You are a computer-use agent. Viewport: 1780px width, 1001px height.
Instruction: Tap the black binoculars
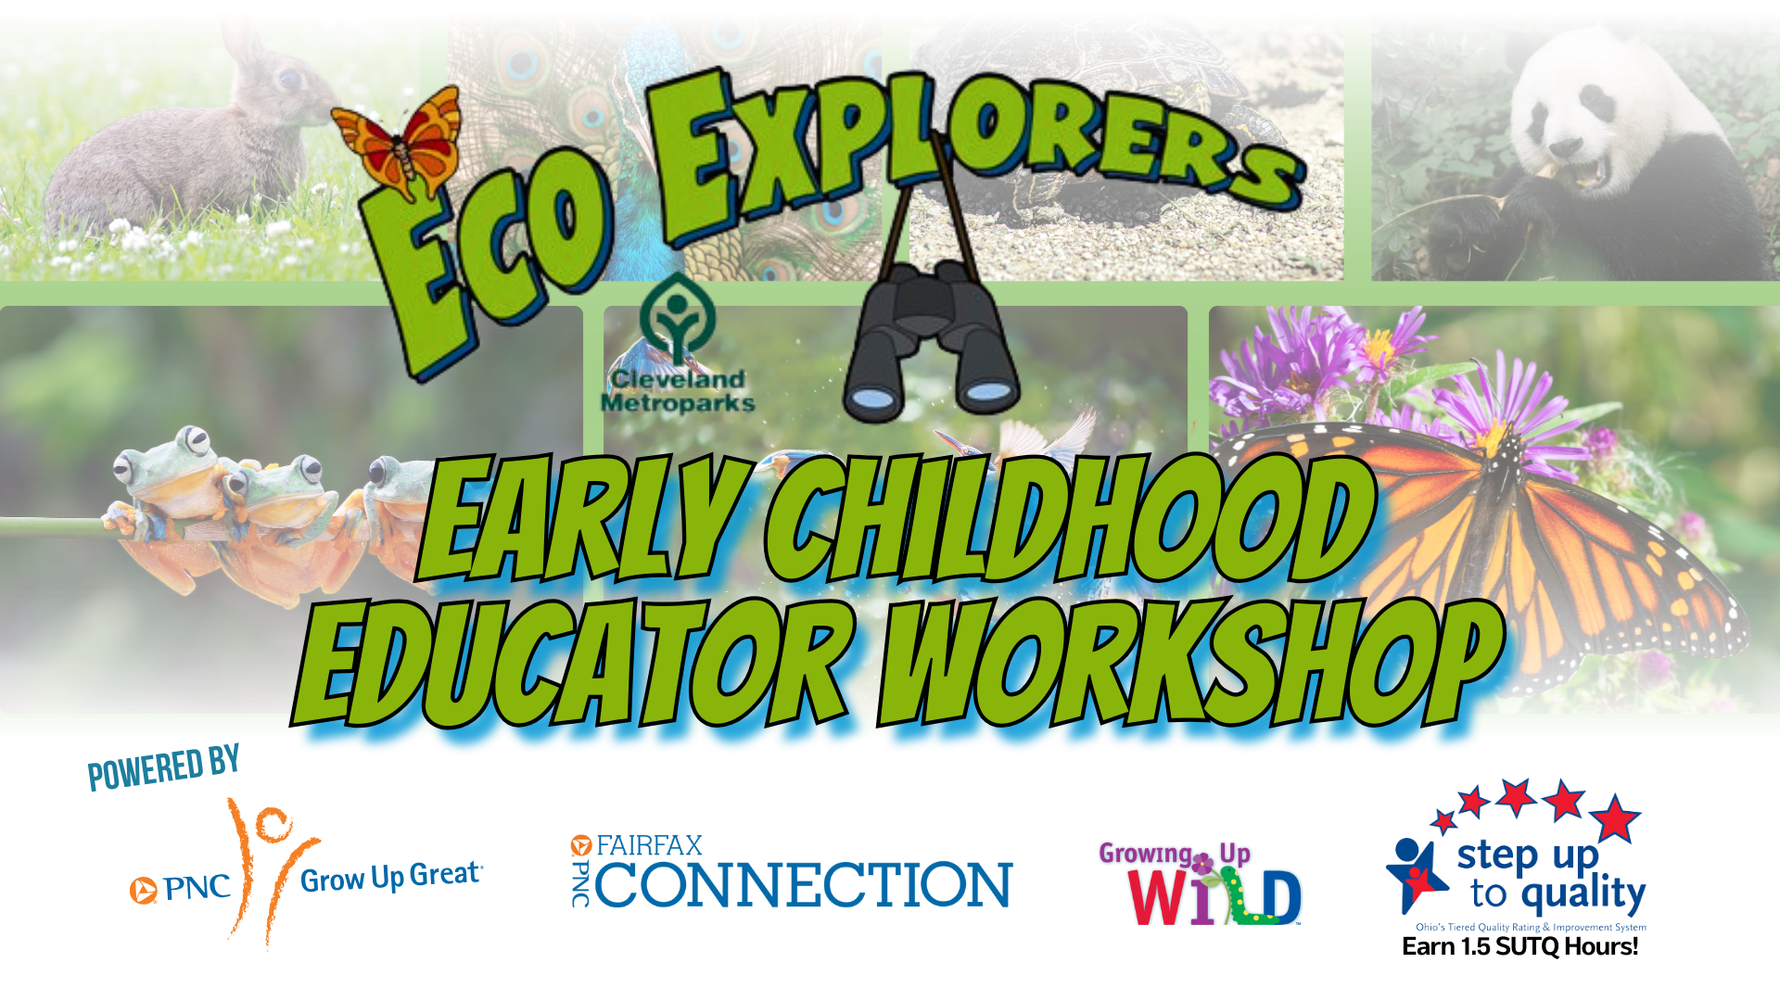[x=931, y=343]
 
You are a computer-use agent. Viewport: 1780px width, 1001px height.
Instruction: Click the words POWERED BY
[x=164, y=767]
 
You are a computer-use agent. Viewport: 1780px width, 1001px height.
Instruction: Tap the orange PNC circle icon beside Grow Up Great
[x=143, y=890]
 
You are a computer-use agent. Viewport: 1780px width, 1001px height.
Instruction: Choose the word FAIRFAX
[x=649, y=845]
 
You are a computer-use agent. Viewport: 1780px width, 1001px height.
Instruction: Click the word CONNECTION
[x=803, y=884]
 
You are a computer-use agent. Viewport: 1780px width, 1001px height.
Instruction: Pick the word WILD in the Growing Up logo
[x=1214, y=897]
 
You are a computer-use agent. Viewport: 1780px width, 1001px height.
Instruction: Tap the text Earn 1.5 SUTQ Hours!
[x=1520, y=946]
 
